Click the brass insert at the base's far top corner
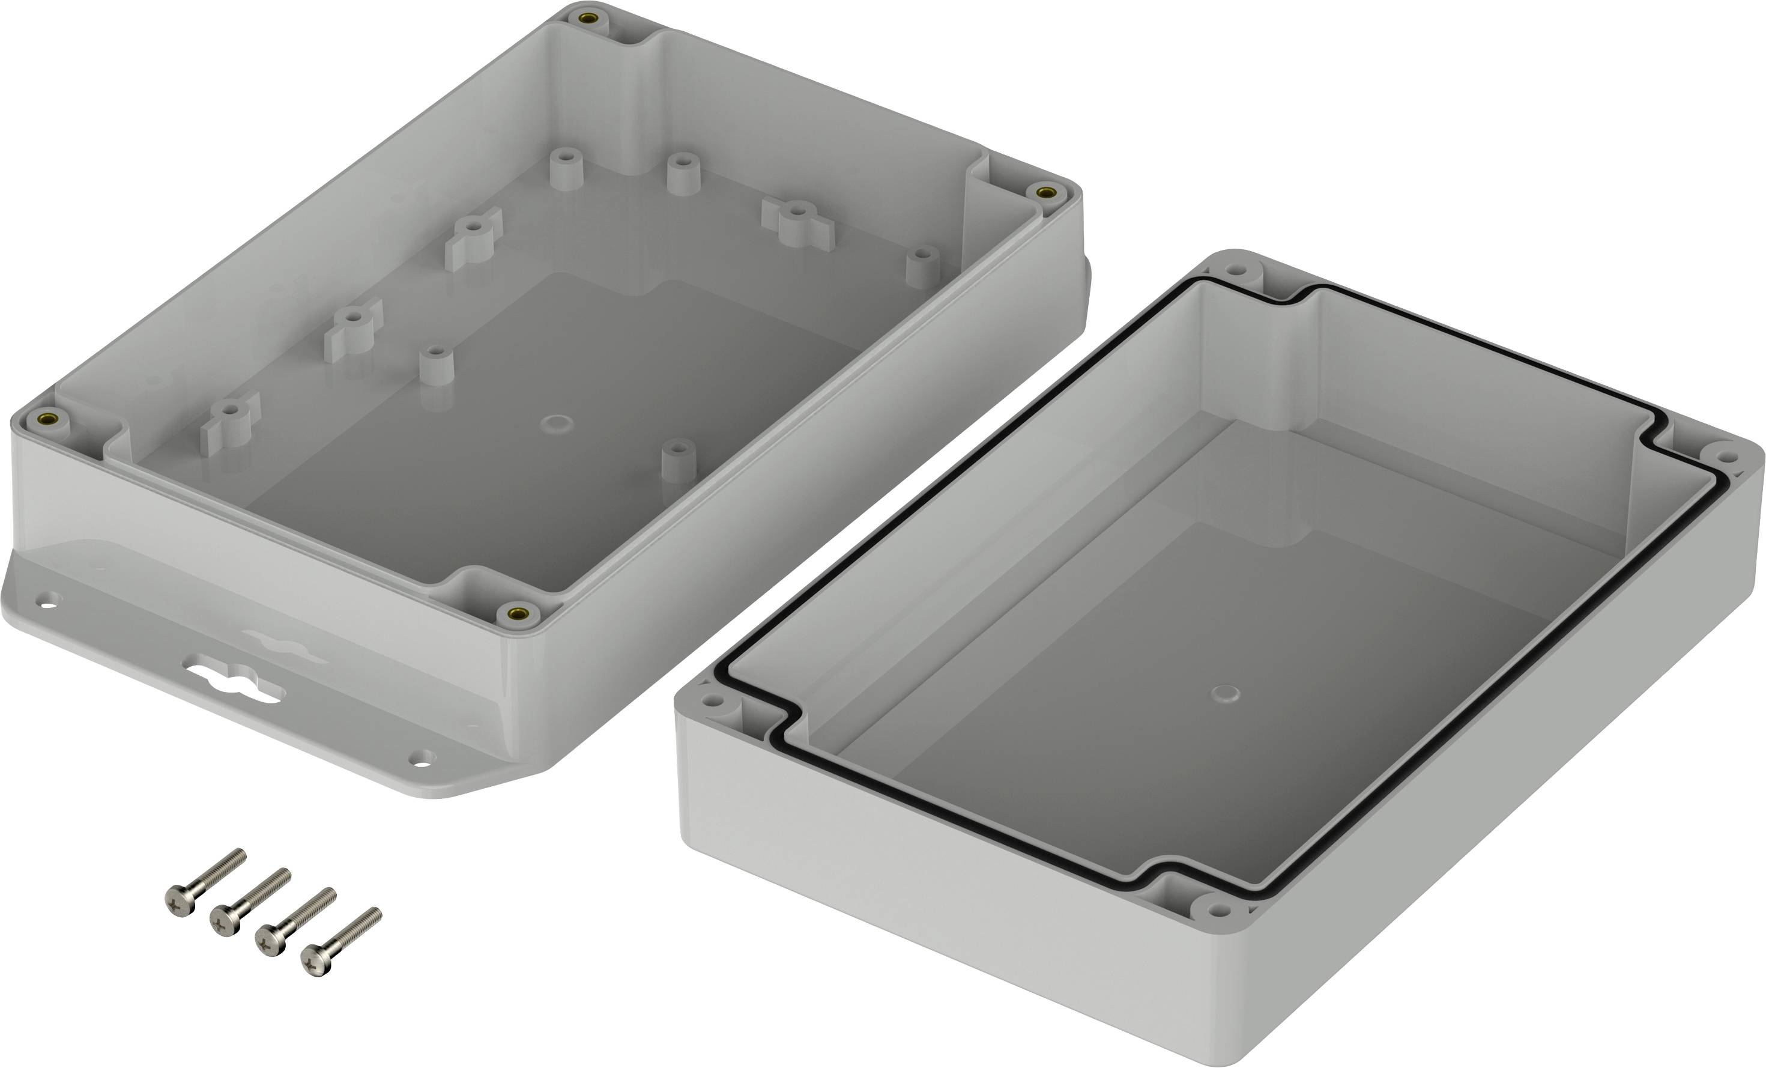click(588, 18)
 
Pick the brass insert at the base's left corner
click(50, 418)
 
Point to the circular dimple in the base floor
click(556, 423)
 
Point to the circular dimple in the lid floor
click(1225, 693)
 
